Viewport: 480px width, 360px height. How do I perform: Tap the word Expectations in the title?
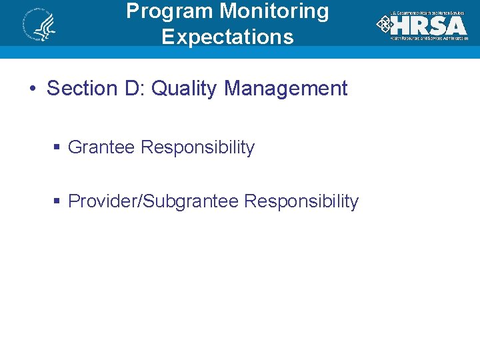click(x=227, y=37)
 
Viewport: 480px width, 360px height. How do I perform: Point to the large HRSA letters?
click(x=430, y=25)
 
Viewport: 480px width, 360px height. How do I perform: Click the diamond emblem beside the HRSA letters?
click(x=384, y=25)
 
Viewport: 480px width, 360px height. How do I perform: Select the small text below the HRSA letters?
click(x=429, y=38)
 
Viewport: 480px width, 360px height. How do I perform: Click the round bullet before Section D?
click(x=32, y=89)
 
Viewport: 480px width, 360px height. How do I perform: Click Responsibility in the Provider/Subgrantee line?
click(x=301, y=201)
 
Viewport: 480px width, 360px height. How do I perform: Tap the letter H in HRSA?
click(x=402, y=25)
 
